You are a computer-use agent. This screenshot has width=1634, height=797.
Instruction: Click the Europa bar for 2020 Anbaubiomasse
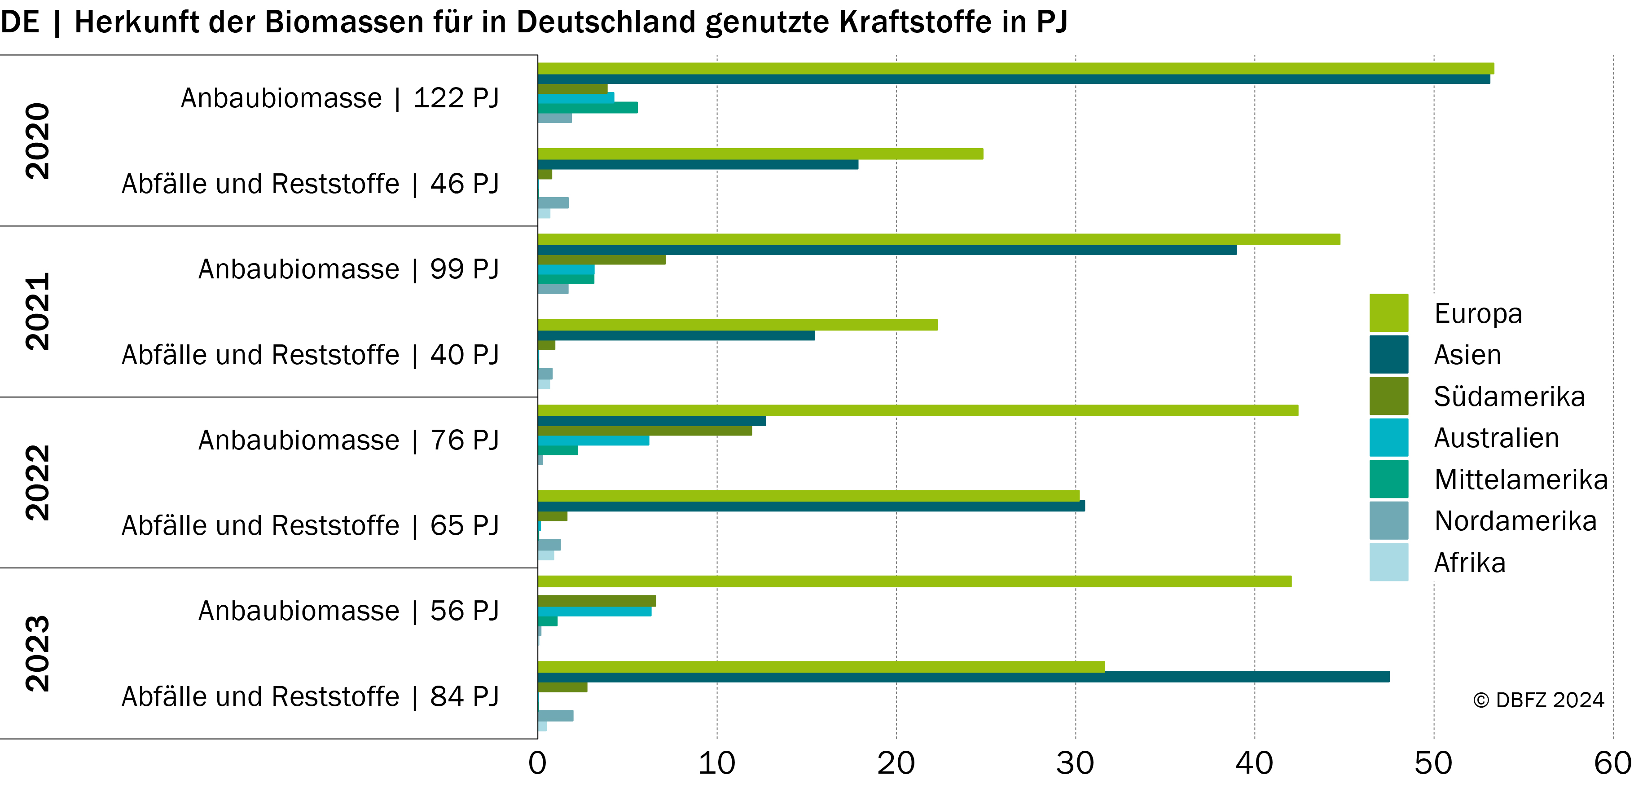(x=1015, y=69)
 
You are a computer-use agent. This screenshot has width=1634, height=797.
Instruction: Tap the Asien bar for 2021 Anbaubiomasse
(x=887, y=250)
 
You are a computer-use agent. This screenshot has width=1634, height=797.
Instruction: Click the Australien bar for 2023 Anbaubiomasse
(x=594, y=612)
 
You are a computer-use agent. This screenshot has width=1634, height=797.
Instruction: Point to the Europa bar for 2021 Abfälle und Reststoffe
(x=738, y=325)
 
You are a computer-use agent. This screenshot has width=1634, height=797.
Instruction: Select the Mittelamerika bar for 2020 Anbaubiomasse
(x=587, y=108)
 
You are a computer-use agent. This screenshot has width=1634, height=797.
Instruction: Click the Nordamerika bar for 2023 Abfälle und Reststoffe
(x=556, y=716)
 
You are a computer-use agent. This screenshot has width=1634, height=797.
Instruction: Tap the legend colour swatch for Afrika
(x=1388, y=562)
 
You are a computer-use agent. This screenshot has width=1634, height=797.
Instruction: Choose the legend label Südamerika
(x=1509, y=396)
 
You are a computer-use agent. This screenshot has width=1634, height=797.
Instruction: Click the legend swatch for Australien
(x=1388, y=437)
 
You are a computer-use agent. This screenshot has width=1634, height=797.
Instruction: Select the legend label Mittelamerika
(x=1521, y=480)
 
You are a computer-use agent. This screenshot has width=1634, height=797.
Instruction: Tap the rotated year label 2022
(x=37, y=483)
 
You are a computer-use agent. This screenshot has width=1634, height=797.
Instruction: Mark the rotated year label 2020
(x=37, y=141)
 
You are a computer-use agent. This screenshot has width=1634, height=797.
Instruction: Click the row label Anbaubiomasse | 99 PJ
(x=349, y=269)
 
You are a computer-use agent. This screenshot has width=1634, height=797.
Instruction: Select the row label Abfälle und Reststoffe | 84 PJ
(x=311, y=697)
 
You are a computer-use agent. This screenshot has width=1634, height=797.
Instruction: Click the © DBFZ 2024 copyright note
(x=1538, y=700)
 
